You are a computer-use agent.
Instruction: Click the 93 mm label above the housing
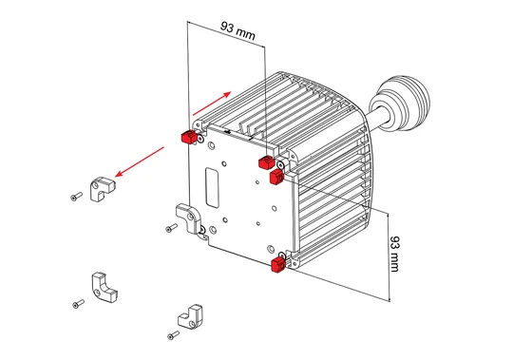click(237, 31)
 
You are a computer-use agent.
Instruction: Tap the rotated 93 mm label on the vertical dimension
click(394, 254)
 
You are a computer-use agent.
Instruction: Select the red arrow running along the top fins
click(212, 104)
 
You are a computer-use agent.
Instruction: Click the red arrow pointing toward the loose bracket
click(140, 161)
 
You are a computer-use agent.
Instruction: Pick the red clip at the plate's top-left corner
click(188, 137)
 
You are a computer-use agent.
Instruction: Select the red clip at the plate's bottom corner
click(278, 264)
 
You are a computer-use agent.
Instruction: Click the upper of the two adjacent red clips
click(267, 162)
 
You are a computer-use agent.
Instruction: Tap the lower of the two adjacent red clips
click(276, 177)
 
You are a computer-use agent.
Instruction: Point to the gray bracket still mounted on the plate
click(188, 218)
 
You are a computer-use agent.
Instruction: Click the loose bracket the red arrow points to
click(102, 189)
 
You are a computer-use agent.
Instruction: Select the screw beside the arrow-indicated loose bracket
click(76, 197)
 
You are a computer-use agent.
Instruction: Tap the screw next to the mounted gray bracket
click(171, 228)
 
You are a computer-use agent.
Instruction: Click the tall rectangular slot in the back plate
click(212, 188)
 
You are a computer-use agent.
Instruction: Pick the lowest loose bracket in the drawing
click(191, 317)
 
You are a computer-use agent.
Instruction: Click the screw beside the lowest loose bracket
click(173, 335)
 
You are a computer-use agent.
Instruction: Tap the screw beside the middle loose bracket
click(78, 304)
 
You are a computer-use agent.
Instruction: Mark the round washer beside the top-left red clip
click(200, 140)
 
